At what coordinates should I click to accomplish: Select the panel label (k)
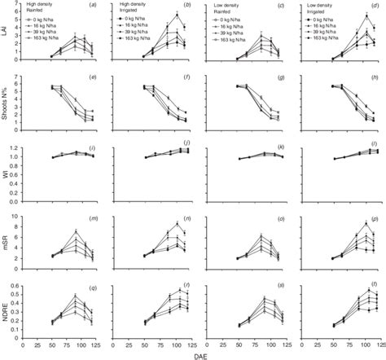pyautogui.click(x=280, y=147)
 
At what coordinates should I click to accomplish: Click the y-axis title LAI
pyautogui.click(x=6, y=35)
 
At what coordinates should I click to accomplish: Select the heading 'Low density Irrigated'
pyautogui.click(x=327, y=8)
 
